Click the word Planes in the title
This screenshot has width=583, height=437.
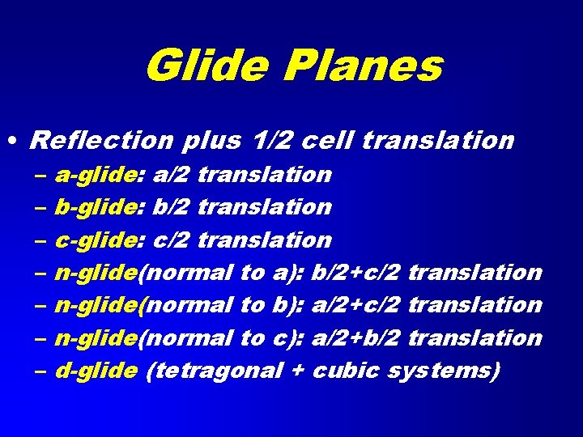pyautogui.click(x=364, y=66)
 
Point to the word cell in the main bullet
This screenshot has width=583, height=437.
pyautogui.click(x=326, y=141)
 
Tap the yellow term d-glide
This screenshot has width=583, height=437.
pyautogui.click(x=96, y=371)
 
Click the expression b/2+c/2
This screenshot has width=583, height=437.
pyautogui.click(x=355, y=273)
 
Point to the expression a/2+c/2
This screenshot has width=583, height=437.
pyautogui.click(x=355, y=306)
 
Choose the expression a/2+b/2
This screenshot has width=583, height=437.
pyautogui.click(x=355, y=338)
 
